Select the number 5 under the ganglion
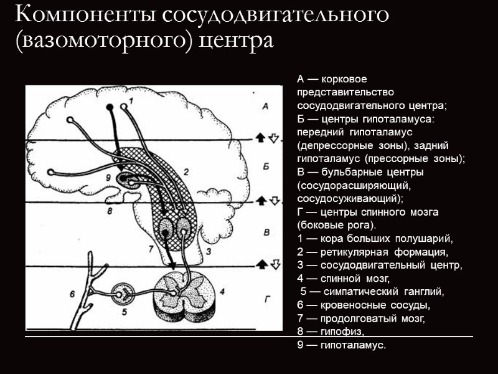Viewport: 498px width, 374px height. tap(124, 312)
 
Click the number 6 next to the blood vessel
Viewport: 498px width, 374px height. tap(72, 292)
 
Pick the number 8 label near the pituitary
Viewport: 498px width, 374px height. tap(110, 211)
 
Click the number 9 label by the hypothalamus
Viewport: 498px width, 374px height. tap(108, 178)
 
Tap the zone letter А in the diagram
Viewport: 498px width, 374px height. tap(265, 107)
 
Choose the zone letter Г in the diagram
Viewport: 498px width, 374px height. tap(266, 299)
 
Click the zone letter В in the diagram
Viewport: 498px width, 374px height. tap(266, 233)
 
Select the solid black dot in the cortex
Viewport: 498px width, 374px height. tap(110, 107)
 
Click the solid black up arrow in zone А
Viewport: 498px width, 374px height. tap(262, 137)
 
